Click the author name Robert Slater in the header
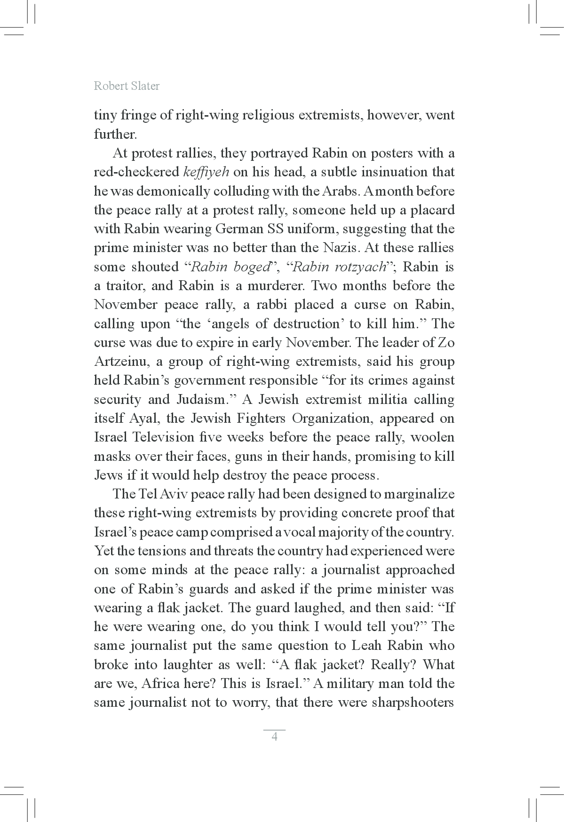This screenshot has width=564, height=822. point(127,86)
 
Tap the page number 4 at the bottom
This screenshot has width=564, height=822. point(275,736)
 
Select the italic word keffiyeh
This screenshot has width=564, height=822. point(206,172)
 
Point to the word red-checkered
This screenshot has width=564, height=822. point(136,172)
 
